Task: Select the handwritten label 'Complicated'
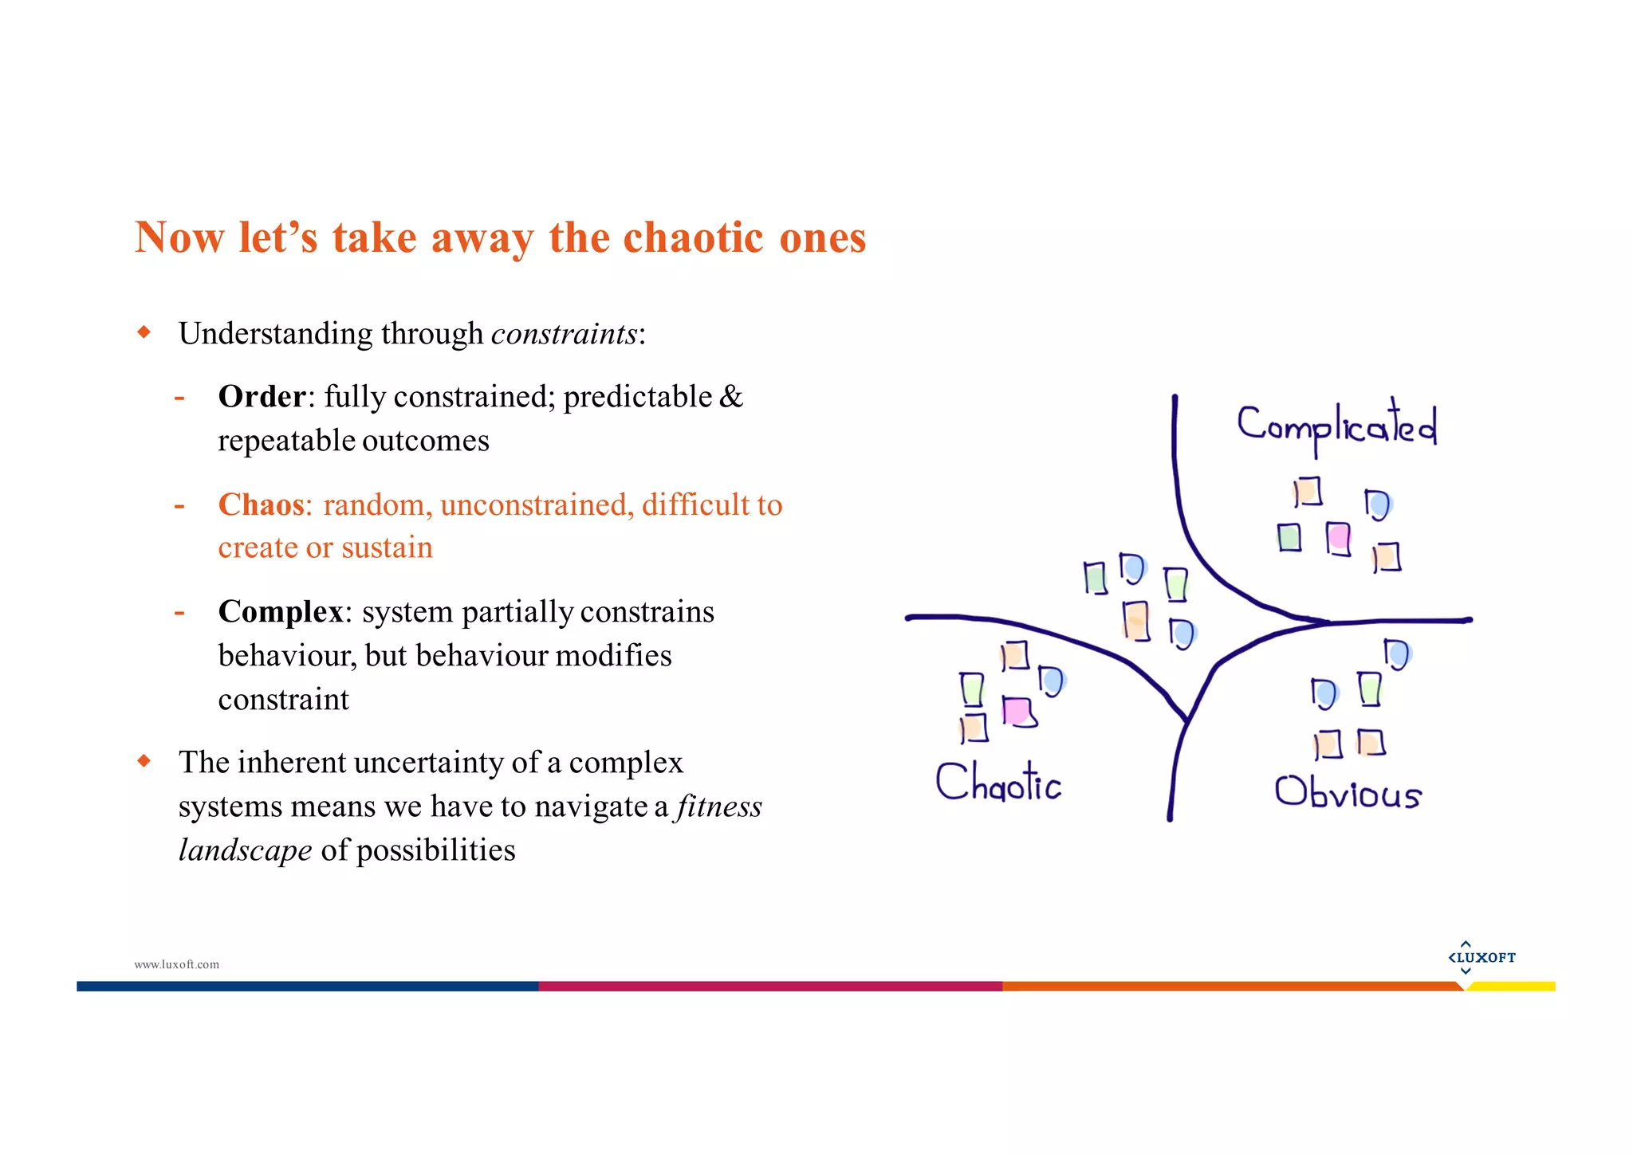click(1336, 427)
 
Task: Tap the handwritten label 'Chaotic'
click(998, 782)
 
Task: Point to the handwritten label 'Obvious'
click(1348, 792)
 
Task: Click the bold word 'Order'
click(262, 397)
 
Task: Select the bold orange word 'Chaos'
click(261, 504)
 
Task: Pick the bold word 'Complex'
click(280, 612)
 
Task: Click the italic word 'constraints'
click(564, 334)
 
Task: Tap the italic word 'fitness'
click(719, 807)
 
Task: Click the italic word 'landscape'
click(245, 850)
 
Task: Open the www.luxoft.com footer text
click(176, 964)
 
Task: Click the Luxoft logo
click(1482, 957)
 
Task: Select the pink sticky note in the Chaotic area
click(1017, 711)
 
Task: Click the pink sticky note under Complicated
click(1339, 538)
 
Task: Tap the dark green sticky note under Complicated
click(1289, 537)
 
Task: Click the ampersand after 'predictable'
click(730, 397)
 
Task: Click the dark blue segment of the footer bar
click(307, 987)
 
